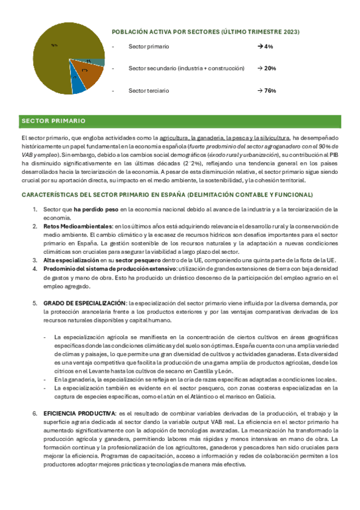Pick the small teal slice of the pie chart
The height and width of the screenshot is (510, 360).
pyautogui.click(x=96, y=62)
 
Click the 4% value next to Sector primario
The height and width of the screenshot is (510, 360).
pyautogui.click(x=264, y=46)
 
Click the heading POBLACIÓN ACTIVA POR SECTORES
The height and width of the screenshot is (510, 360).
pyautogui.click(x=206, y=31)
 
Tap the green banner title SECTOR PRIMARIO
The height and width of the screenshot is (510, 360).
pyautogui.click(x=53, y=121)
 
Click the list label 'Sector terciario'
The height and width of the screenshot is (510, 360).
pyautogui.click(x=148, y=91)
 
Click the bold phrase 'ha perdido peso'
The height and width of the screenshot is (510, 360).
pyautogui.click(x=96, y=209)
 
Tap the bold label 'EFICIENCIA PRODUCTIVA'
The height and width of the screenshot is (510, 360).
pyautogui.click(x=79, y=414)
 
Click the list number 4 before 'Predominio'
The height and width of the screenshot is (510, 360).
pyautogui.click(x=35, y=268)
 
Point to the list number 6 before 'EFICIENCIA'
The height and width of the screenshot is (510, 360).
pyautogui.click(x=35, y=414)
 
